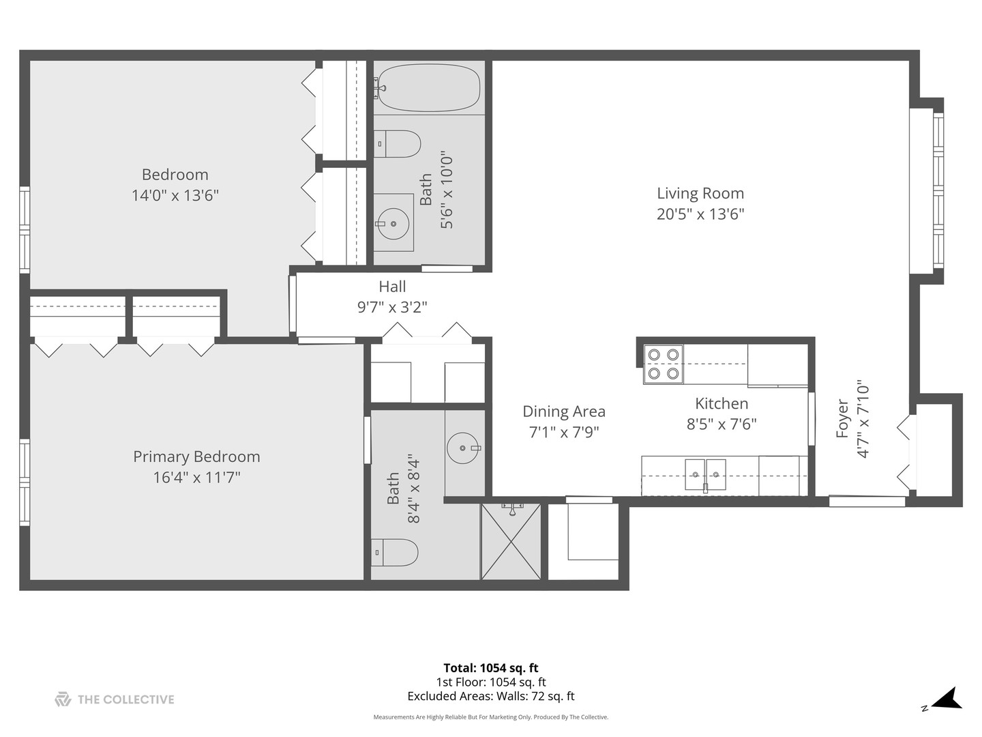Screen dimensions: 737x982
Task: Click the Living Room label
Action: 700,194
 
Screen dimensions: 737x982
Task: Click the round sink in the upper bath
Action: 393,223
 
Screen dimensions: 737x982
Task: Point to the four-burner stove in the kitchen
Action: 664,364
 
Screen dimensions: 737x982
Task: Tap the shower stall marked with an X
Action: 511,542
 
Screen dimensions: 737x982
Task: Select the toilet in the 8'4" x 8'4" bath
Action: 395,552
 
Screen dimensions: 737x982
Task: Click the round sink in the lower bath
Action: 464,448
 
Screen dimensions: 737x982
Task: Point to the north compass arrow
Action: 947,699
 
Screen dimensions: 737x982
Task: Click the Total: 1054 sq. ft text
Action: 491,668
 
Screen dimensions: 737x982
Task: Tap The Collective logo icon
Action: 63,699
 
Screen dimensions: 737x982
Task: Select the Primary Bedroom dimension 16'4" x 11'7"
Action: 196,477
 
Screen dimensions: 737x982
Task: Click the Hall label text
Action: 392,287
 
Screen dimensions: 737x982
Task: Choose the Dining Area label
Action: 564,411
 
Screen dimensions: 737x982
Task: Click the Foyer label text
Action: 843,418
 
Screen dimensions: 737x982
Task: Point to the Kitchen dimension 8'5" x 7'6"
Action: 721,424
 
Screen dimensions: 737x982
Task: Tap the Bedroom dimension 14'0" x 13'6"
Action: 175,196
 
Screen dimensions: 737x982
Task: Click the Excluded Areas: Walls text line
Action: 491,696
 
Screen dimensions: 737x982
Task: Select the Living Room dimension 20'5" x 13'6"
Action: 700,214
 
